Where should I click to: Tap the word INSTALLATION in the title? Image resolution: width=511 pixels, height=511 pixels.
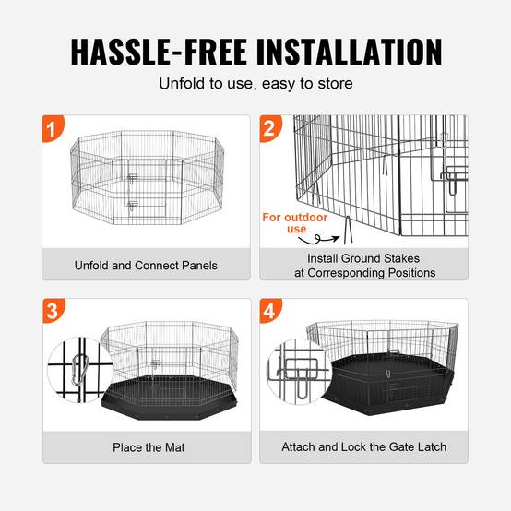pyautogui.click(x=349, y=53)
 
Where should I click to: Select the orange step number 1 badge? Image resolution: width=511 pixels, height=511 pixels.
pyautogui.click(x=53, y=128)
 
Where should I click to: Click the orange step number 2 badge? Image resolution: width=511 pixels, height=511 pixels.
pyautogui.click(x=270, y=128)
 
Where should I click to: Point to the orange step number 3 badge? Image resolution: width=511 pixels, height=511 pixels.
pyautogui.click(x=53, y=311)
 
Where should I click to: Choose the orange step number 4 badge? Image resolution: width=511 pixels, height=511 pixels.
pyautogui.click(x=270, y=311)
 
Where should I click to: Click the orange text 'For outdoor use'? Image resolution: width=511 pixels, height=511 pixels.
pyautogui.click(x=295, y=223)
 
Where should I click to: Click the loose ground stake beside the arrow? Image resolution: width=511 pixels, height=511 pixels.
pyautogui.click(x=348, y=230)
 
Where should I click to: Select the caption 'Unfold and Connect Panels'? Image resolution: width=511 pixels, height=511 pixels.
pyautogui.click(x=146, y=266)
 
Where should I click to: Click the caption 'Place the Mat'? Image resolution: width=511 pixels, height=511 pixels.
pyautogui.click(x=149, y=447)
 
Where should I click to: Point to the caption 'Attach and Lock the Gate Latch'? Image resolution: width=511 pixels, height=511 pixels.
pyautogui.click(x=364, y=446)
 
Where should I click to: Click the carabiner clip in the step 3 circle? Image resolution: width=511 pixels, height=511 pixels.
pyautogui.click(x=79, y=370)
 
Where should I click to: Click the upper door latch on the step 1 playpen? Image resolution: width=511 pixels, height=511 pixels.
pyautogui.click(x=132, y=178)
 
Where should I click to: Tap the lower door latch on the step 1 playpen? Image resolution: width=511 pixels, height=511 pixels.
pyautogui.click(x=132, y=206)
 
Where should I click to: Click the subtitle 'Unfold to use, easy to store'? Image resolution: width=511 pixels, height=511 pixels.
pyautogui.click(x=255, y=83)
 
